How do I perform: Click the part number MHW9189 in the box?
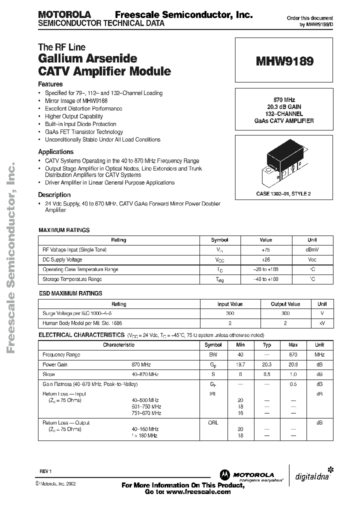[285, 61]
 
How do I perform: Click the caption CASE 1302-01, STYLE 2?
[283, 193]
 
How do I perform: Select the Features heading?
[50, 84]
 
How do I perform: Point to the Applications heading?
[56, 152]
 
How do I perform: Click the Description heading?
[54, 195]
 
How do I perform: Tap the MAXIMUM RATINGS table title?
[64, 230]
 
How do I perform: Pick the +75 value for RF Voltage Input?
[266, 250]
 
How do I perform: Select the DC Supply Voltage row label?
[62, 260]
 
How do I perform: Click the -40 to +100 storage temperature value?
[266, 279]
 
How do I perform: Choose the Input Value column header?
[230, 304]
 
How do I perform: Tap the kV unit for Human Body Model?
[321, 324]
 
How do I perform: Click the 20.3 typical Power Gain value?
[267, 365]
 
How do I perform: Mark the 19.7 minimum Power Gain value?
[241, 365]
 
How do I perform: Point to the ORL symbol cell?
[213, 422]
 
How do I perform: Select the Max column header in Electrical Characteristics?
[293, 345]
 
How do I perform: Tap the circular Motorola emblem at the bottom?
[224, 474]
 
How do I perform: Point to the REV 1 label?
[45, 471]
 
